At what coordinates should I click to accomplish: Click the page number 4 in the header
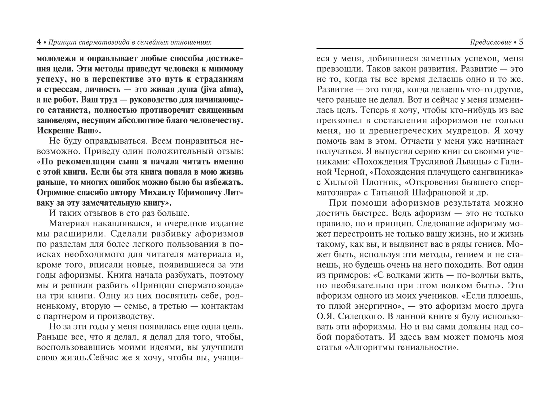[x=39, y=42]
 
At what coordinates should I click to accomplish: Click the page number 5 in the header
[x=521, y=42]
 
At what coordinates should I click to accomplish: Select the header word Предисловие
[x=491, y=43]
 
